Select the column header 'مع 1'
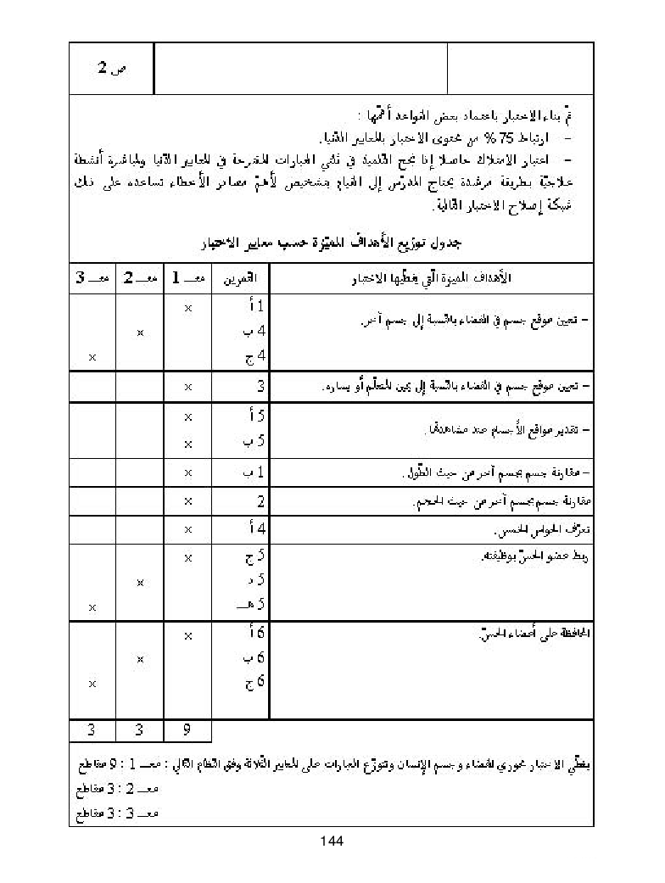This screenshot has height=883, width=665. pos(187,278)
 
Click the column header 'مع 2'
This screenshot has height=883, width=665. pos(139,278)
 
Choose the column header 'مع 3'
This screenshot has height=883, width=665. pos(91,278)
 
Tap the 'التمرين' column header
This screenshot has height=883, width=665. pos(241,278)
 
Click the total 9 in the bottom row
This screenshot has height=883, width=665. pos(187,730)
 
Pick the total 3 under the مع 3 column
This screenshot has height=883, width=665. pos(91,730)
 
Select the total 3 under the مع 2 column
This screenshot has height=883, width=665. pos(139,730)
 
